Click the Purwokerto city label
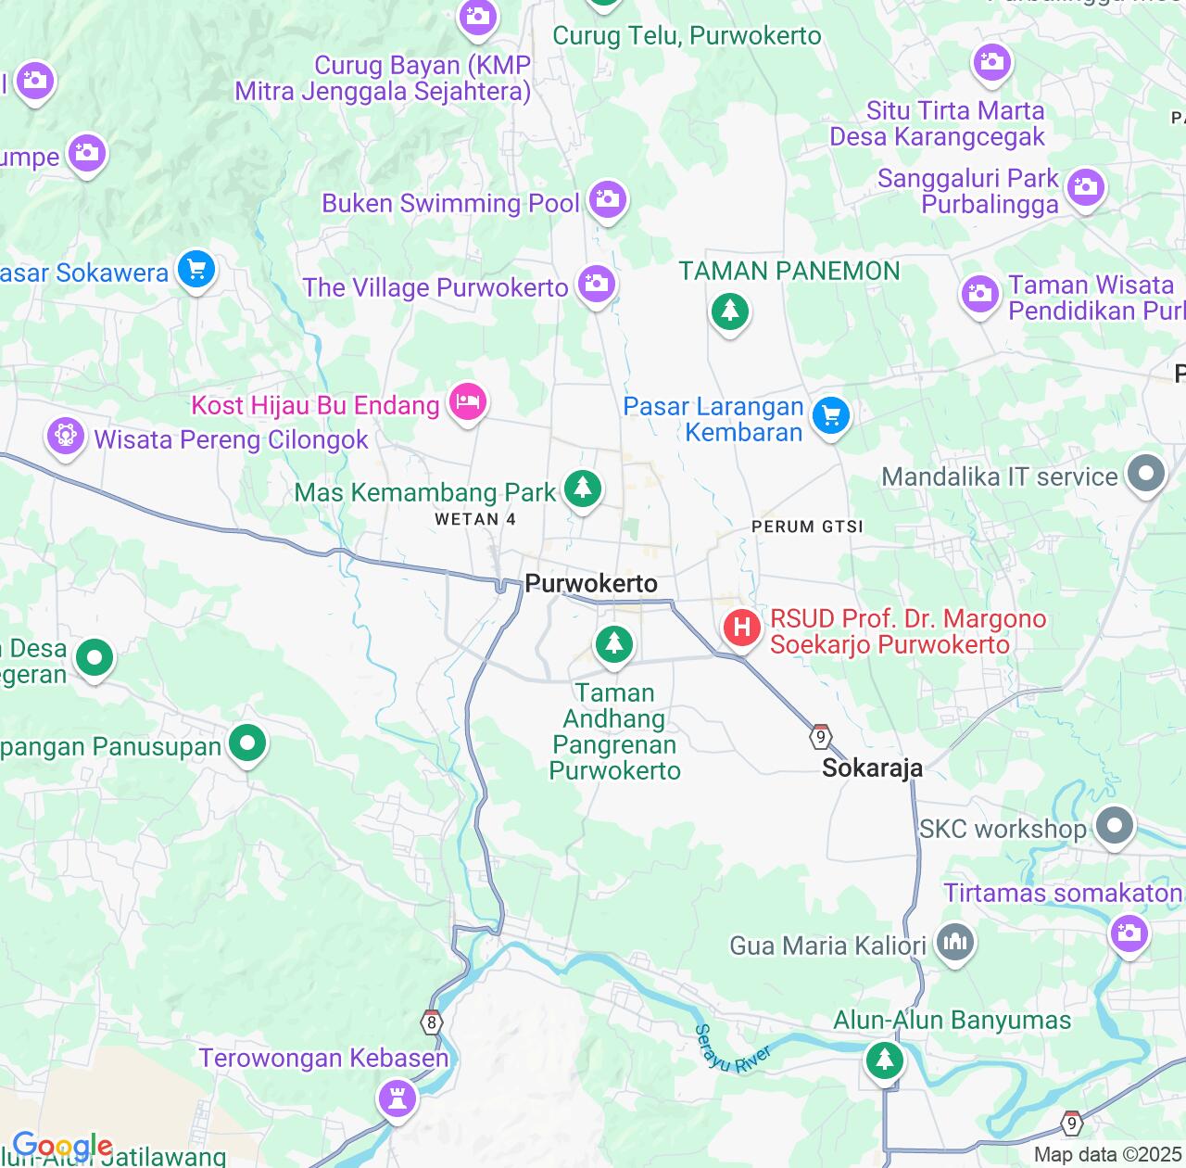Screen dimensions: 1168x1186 (591, 583)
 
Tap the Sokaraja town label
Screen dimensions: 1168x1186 (872, 768)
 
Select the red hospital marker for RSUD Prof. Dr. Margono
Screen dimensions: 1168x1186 (742, 628)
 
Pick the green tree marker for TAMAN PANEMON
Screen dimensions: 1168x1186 (729, 311)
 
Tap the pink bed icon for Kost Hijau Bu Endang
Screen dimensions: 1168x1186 (468, 402)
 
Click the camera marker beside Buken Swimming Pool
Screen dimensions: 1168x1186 (608, 199)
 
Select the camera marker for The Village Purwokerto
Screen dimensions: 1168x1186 (597, 284)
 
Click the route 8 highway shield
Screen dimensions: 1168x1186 (431, 1022)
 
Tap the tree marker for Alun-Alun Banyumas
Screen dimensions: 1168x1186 (884, 1059)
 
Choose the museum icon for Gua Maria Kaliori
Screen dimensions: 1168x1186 (954, 944)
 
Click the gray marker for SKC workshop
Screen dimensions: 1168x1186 (1114, 825)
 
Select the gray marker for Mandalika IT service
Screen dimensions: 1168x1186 (1146, 474)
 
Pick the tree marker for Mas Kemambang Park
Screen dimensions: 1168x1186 (583, 488)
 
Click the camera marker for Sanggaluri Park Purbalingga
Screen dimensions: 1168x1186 (1085, 187)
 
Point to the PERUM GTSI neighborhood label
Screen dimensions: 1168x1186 (807, 527)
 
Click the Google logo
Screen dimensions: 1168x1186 (62, 1146)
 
